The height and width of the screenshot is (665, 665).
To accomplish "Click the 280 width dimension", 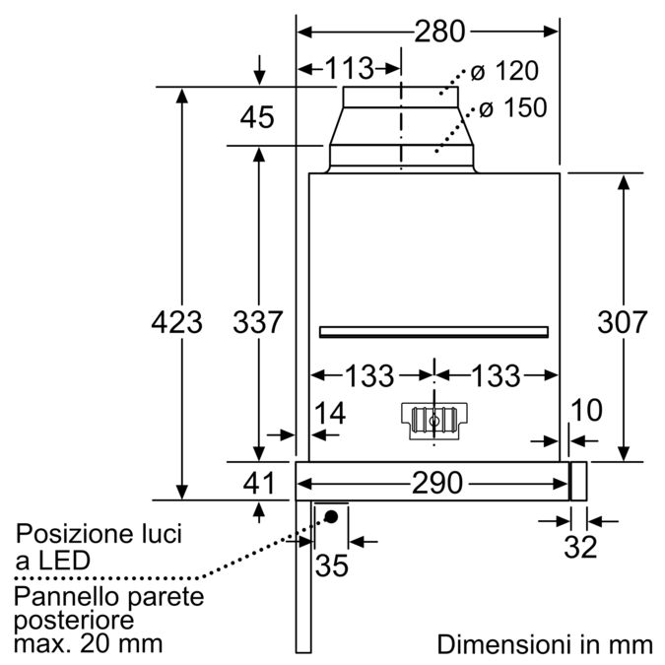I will coord(438,32).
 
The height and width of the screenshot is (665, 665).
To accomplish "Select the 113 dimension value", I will coord(350,68).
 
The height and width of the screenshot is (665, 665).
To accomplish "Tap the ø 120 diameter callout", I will coord(503,72).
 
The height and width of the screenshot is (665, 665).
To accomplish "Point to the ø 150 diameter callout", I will coord(509,108).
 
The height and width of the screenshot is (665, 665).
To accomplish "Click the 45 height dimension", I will coord(257,117).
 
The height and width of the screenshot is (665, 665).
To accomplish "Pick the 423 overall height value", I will coord(177,321).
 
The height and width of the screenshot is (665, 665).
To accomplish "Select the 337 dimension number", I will coord(257,321).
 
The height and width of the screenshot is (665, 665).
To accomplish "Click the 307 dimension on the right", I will coord(623,321).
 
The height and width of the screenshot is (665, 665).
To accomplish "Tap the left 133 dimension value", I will coord(369,375).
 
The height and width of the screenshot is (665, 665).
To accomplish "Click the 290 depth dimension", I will coord(437,483).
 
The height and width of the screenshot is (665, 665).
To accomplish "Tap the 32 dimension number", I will coord(580,548).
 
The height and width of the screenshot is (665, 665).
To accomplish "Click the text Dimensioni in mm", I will coord(544,644).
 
